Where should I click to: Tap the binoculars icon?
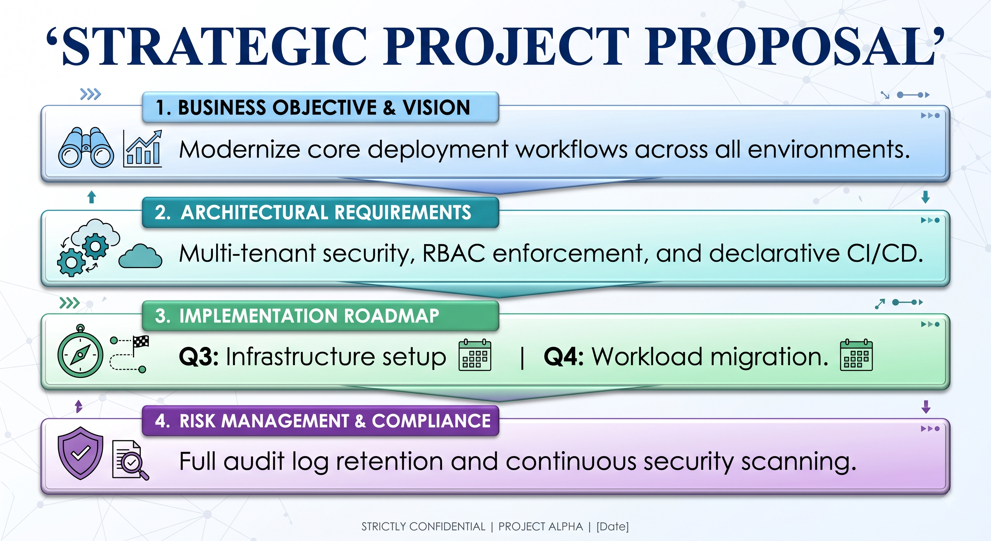pos(86,148)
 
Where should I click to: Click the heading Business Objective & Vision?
pos(313,107)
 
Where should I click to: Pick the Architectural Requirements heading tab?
pos(321,212)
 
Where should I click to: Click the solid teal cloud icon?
pos(140,256)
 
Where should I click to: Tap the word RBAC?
pos(454,253)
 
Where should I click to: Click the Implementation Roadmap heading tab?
pos(321,316)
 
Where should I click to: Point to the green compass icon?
pos(80,351)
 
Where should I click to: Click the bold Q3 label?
pos(199,356)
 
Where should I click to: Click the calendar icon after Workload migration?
pos(856,355)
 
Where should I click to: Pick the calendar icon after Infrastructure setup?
pos(475,355)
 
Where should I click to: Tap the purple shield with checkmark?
pos(80,453)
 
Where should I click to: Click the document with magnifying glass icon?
pos(130,460)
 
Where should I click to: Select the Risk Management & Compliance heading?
pos(323,421)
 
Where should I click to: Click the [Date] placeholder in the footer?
pos(612,526)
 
